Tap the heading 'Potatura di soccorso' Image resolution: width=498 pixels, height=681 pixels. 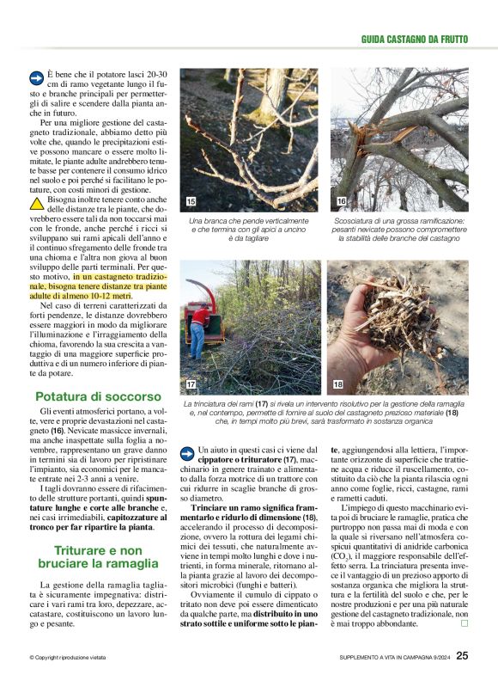click(x=97, y=396)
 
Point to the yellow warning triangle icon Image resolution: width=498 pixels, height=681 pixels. click(x=37, y=204)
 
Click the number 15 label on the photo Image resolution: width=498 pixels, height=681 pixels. click(x=191, y=201)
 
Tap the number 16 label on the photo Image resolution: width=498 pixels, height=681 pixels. click(x=341, y=201)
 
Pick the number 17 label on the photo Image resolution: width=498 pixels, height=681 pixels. click(x=191, y=383)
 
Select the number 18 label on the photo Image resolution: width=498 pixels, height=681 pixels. click(x=338, y=383)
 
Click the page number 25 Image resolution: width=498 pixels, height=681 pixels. click(x=462, y=655)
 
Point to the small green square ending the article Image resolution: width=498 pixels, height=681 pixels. click(x=464, y=623)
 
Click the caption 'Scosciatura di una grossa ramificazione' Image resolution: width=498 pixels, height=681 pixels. click(x=399, y=221)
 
